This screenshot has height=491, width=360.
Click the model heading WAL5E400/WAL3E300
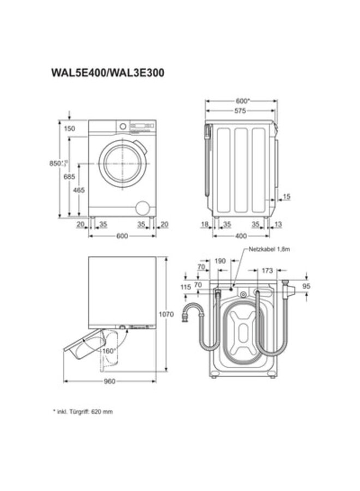[107, 71]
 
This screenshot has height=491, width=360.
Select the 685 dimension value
[69, 176]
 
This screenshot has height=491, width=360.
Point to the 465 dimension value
[79, 190]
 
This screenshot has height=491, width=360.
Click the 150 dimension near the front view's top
[69, 129]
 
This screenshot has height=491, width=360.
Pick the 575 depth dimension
[240, 111]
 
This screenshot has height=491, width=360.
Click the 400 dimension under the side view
[241, 236]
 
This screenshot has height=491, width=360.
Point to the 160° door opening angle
[109, 351]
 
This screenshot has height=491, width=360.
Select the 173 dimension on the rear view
[267, 270]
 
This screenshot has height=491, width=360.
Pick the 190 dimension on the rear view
[220, 261]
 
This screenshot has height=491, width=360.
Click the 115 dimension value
[185, 287]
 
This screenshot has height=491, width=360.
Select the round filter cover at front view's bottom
[142, 207]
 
